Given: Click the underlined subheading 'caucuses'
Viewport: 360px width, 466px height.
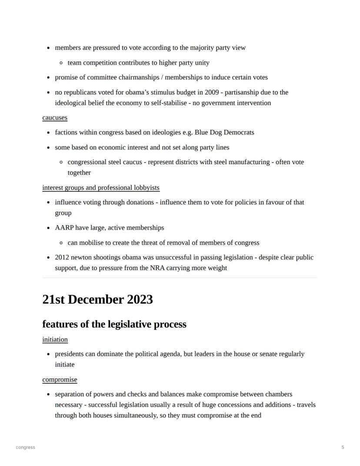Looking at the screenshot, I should point(55,118).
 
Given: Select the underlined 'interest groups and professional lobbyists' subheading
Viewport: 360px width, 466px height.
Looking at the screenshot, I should point(101,188).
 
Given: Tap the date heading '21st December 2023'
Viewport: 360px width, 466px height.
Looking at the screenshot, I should point(97,299).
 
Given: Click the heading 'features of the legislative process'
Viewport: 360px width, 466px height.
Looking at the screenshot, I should point(114,324).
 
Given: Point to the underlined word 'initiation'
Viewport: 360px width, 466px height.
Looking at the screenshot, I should point(55,339).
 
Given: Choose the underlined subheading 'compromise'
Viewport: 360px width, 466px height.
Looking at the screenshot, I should point(60,380).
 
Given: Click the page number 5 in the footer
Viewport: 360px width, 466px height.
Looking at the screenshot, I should point(343,447).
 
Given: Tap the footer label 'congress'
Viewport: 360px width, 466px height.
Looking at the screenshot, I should point(25,447).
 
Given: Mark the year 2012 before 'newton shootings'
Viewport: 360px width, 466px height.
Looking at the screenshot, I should point(62,258).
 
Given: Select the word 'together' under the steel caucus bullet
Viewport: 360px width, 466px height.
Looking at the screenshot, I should point(79,173).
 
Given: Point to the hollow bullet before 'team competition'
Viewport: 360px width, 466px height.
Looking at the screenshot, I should point(62,63).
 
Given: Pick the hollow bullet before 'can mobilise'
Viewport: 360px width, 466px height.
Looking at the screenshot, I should point(62,243).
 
